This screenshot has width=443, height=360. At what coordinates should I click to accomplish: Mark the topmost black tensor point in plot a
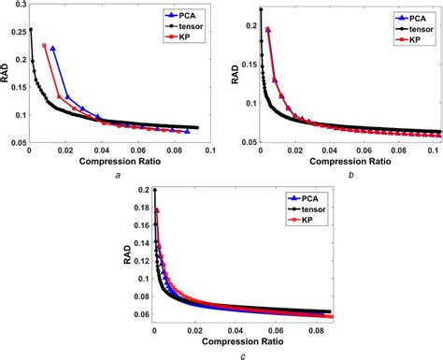(x=31, y=29)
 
